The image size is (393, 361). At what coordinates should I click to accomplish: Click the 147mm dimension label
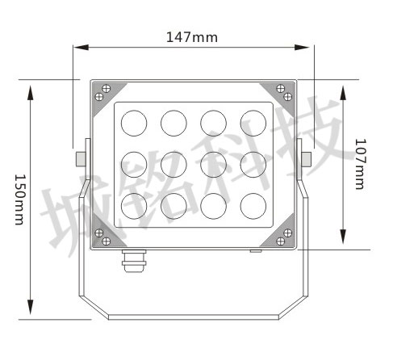click(x=192, y=37)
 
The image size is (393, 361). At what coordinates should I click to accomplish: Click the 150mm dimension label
click(x=19, y=199)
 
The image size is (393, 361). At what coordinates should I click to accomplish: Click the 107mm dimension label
click(x=361, y=164)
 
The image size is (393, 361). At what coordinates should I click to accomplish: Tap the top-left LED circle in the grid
click(x=134, y=123)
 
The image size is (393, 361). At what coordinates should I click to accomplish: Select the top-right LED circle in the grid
click(x=253, y=123)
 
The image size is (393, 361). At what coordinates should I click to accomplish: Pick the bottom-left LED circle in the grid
click(x=134, y=206)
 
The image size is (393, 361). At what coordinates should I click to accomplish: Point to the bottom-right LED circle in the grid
click(x=253, y=206)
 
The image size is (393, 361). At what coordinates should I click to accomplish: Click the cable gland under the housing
click(x=134, y=261)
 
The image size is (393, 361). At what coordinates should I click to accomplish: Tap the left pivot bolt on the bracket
click(x=81, y=159)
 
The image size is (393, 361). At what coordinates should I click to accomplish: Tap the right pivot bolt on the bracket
click(x=307, y=159)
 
